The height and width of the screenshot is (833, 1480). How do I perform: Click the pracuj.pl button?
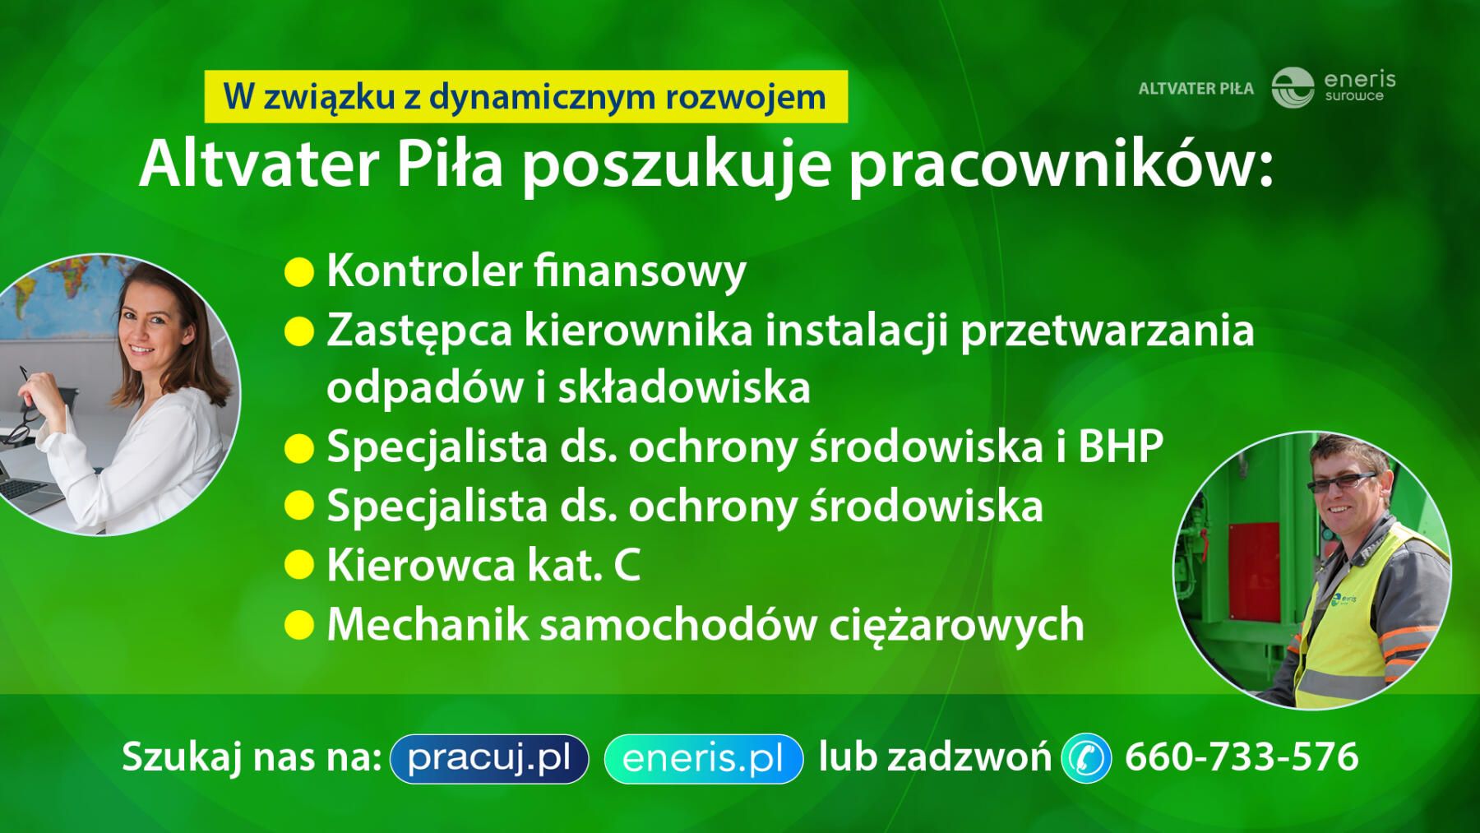pos(489,758)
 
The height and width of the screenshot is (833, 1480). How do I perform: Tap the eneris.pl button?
pos(703,758)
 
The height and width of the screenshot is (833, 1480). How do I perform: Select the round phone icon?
pos(1086,757)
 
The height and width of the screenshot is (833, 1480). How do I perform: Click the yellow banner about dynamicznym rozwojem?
pos(525,96)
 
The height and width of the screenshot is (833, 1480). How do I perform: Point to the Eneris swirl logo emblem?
pos(1293,88)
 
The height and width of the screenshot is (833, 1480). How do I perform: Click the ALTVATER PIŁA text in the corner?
pos(1196,89)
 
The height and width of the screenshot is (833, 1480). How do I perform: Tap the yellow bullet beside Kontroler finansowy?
pos(299,272)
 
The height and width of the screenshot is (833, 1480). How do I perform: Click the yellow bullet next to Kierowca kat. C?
pos(299,566)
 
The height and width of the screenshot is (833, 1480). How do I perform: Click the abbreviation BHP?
pos(1121,447)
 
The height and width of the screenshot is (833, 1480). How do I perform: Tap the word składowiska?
pos(684,387)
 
